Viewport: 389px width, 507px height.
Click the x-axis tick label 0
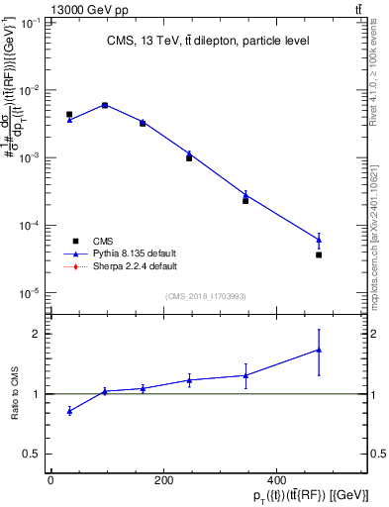[50, 482]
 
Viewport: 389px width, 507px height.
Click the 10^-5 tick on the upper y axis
[32, 292]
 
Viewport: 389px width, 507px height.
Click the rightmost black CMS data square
[319, 254]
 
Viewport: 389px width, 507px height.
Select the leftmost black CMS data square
[69, 115]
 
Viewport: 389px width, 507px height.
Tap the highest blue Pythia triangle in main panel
[105, 104]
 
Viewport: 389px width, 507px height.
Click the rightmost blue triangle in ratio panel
[319, 350]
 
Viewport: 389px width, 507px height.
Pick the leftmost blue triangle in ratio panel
[69, 410]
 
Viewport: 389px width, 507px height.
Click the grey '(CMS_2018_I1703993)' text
[206, 295]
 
